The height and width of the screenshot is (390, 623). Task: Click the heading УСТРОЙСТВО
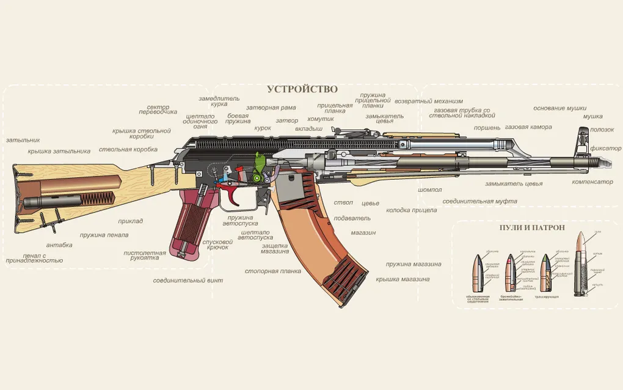302,89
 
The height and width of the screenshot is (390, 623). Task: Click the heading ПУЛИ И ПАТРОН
532,227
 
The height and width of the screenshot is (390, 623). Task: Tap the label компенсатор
592,182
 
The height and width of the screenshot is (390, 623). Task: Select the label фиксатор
606,149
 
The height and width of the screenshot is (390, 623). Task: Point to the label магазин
363,233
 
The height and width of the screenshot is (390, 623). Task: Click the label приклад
131,221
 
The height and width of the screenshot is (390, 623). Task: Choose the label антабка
59,245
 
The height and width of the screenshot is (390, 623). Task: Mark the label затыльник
23,140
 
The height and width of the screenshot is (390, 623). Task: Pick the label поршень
487,128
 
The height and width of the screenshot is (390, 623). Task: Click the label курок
263,128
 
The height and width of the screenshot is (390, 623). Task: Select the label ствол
343,202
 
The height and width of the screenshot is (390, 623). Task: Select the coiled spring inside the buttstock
98,199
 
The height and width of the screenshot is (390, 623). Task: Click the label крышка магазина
403,279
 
